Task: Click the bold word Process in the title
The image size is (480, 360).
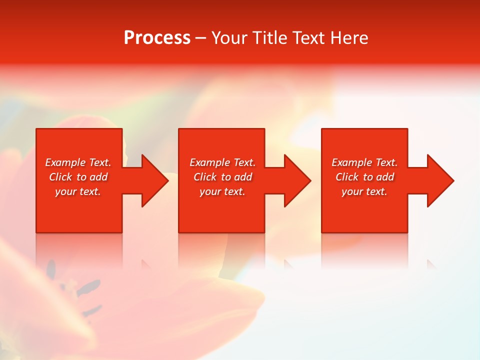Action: tap(157, 38)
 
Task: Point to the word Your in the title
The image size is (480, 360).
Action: tap(229, 38)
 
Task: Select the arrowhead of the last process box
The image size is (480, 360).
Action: tap(439, 180)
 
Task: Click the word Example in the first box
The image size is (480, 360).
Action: tap(65, 162)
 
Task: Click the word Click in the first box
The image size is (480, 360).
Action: tap(61, 177)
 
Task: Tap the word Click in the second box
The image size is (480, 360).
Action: tap(205, 177)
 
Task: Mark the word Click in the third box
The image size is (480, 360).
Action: tap(347, 177)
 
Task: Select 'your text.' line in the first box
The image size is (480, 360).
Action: tap(78, 191)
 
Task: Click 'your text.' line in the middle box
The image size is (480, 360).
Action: tap(222, 191)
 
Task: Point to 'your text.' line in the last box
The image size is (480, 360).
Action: tap(364, 191)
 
